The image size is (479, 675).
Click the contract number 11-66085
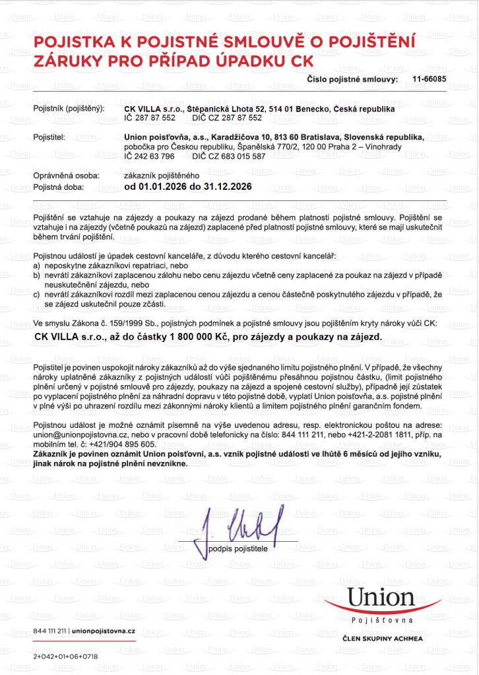point(429,79)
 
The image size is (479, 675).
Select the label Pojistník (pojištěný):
point(69,108)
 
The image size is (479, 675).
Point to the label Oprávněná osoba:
point(66,176)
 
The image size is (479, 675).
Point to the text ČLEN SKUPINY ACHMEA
point(382,639)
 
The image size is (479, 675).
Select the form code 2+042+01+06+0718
point(65,657)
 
